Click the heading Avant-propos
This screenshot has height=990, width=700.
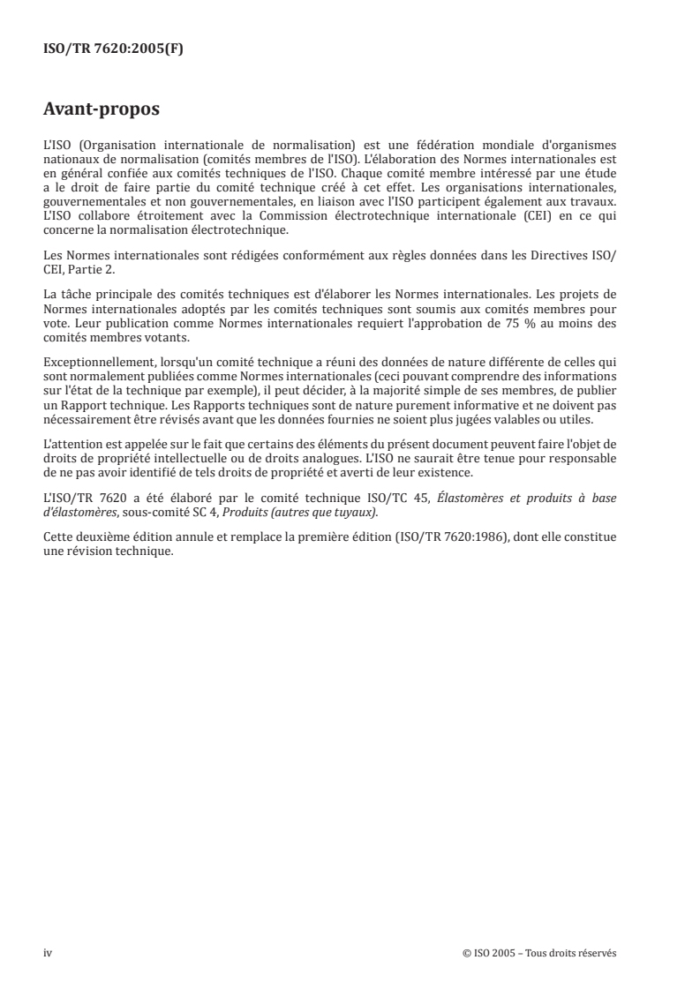pyautogui.click(x=102, y=110)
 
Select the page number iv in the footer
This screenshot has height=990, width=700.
pyautogui.click(x=48, y=953)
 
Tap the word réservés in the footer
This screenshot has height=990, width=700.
pyautogui.click(x=596, y=953)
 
